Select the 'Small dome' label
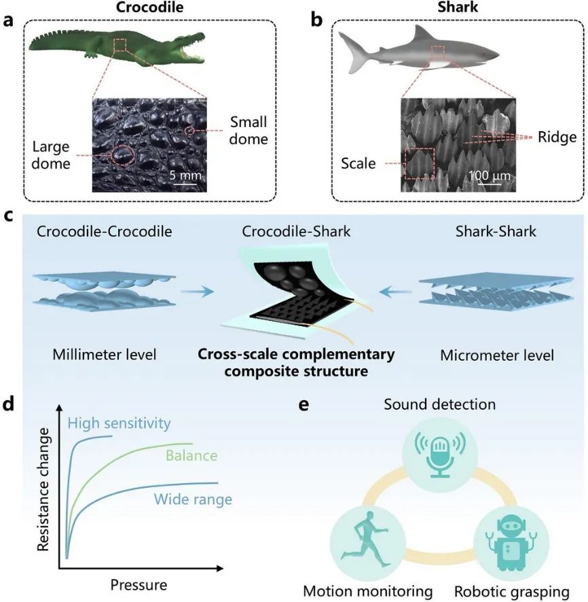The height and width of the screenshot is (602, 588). pyautogui.click(x=249, y=130)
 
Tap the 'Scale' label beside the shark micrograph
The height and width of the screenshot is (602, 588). pyautogui.click(x=359, y=163)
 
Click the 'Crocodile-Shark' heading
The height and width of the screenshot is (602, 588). pyautogui.click(x=296, y=232)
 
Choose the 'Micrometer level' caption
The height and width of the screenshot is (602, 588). pyautogui.click(x=486, y=355)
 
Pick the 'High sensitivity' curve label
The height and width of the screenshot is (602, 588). pyautogui.click(x=120, y=424)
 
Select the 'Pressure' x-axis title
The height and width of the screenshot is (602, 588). pyautogui.click(x=138, y=584)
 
